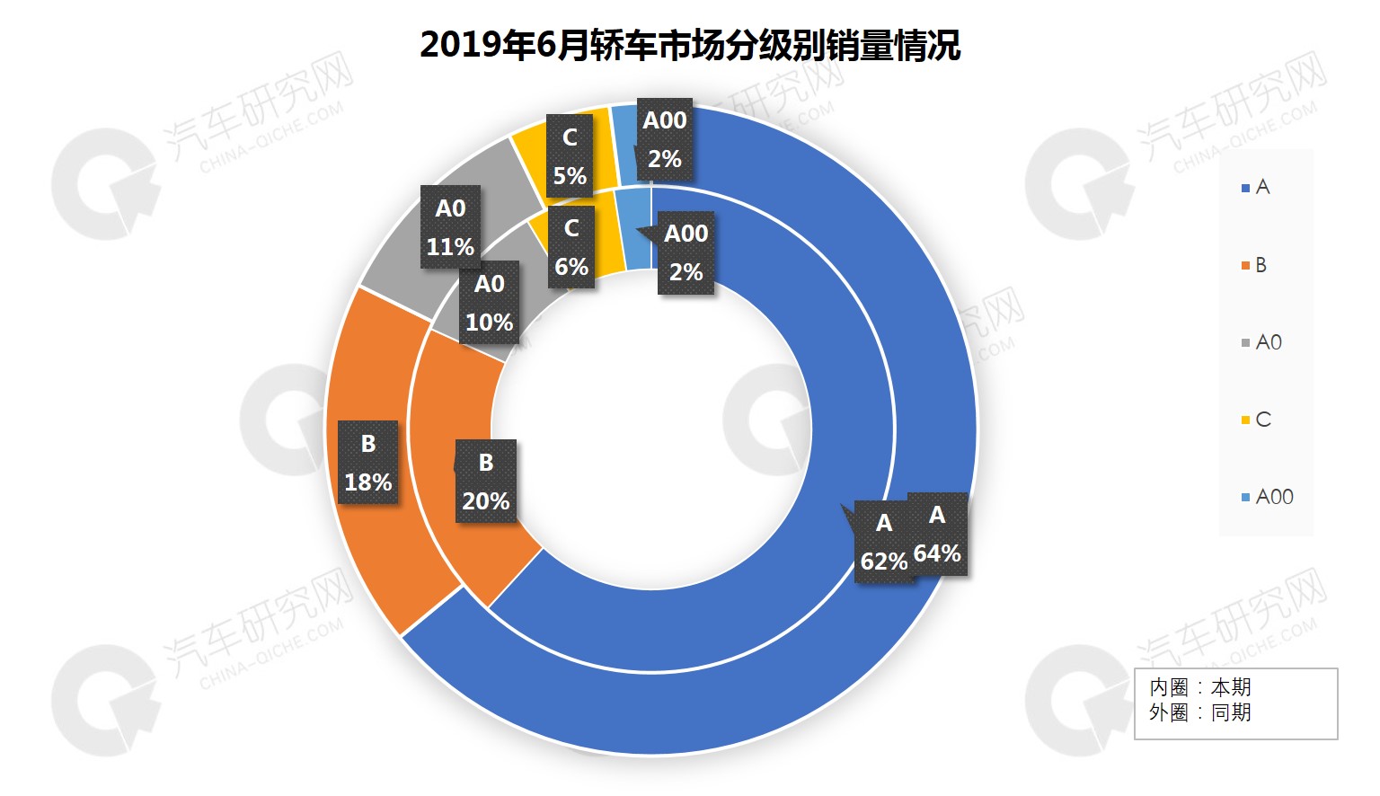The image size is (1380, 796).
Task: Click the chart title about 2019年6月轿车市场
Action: pos(690,45)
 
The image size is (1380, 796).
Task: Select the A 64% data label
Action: pos(937,534)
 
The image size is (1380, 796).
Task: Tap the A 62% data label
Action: pos(883,542)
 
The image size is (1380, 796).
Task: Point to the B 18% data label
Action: pos(367,463)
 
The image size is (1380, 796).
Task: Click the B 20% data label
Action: pos(485,482)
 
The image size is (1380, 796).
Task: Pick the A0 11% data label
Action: pos(450,227)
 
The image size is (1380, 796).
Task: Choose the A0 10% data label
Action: pos(489,303)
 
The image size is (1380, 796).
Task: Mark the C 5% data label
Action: pos(570,156)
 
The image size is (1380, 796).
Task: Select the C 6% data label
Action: pos(571,248)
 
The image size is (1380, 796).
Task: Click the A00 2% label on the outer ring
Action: pos(665,139)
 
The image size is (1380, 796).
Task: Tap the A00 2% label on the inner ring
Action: pos(686,252)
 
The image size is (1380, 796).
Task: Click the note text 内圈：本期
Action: pos(1199,687)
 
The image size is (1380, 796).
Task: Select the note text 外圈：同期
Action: pos(1199,712)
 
